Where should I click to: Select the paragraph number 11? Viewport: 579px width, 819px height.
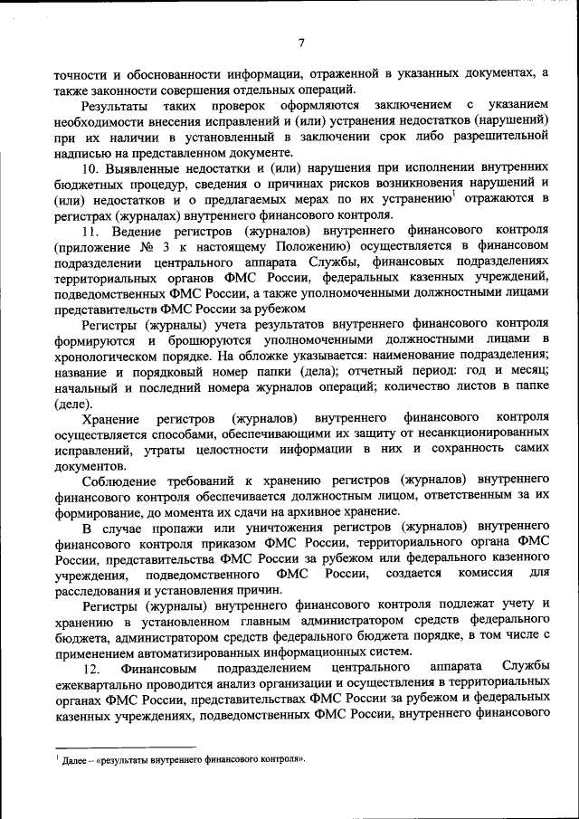(x=90, y=230)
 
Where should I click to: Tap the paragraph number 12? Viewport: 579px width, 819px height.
(x=90, y=668)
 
